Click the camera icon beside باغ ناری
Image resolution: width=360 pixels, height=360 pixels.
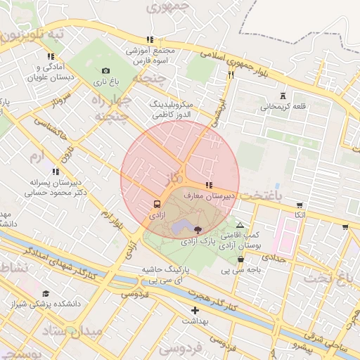click(x=105, y=70)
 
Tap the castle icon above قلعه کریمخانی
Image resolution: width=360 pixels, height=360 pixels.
click(x=283, y=96)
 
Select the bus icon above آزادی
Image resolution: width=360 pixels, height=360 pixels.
click(x=156, y=204)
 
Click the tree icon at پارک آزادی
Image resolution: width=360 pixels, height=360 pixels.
click(x=197, y=229)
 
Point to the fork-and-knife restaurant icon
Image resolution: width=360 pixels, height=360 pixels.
click(x=230, y=74)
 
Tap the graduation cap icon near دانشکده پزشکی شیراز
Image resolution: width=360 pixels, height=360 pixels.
click(x=46, y=294)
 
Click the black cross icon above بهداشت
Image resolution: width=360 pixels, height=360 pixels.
click(x=195, y=310)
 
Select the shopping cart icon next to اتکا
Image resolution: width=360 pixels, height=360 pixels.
click(x=300, y=205)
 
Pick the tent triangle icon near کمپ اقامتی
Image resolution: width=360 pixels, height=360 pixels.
click(x=240, y=224)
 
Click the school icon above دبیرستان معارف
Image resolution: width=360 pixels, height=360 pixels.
click(x=207, y=185)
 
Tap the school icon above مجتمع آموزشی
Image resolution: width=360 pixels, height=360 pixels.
click(x=149, y=39)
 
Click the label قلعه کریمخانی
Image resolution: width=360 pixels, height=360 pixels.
click(x=284, y=108)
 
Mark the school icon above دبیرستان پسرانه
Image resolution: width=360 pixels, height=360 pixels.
click(x=56, y=171)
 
